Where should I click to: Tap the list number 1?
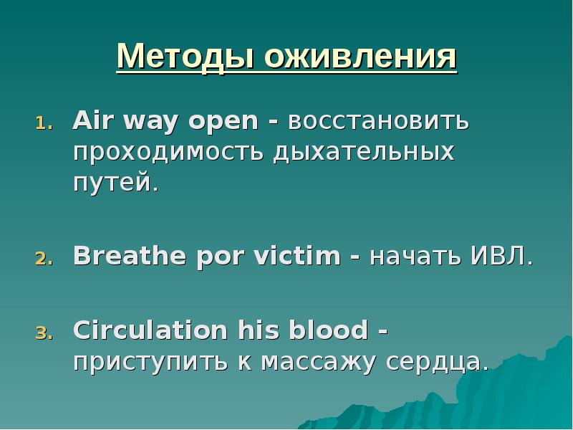pos(43,123)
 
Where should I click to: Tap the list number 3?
pos(43,333)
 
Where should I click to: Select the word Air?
pos(92,120)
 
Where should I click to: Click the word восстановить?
pos(379,122)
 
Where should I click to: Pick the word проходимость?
pos(168,153)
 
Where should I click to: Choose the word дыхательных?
pos(364,153)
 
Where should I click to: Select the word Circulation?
pos(149,330)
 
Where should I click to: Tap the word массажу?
pos(319,362)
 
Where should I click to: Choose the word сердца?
pos(437,362)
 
